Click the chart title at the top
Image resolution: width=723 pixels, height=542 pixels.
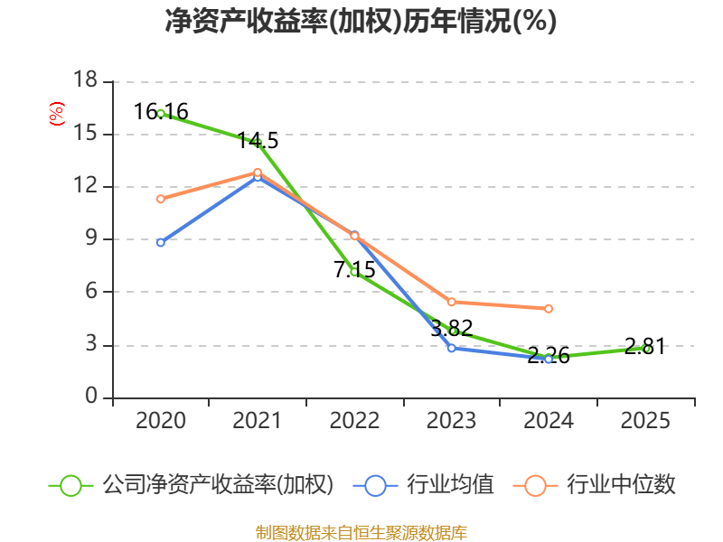(x=361, y=21)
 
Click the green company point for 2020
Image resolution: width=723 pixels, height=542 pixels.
(x=161, y=114)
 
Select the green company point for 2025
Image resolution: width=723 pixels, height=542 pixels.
(x=646, y=348)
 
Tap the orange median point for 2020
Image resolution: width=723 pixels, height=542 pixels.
(x=161, y=199)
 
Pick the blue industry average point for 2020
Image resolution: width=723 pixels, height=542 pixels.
(x=161, y=242)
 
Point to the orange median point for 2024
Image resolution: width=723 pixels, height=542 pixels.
(x=549, y=309)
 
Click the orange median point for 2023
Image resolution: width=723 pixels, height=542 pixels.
(x=452, y=302)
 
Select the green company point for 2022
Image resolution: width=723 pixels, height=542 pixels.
(x=354, y=272)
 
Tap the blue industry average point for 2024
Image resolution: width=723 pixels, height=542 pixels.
(x=549, y=359)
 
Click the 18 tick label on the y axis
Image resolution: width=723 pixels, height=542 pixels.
(x=85, y=81)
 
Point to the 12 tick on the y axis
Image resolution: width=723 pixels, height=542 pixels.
(x=85, y=187)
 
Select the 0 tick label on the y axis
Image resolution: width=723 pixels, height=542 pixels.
(x=91, y=397)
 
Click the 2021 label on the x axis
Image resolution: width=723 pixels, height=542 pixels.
(x=258, y=421)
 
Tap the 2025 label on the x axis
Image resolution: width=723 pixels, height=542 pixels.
(x=646, y=421)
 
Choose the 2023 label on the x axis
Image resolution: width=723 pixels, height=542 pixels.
(x=452, y=421)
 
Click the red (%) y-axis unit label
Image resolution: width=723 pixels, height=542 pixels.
(x=56, y=115)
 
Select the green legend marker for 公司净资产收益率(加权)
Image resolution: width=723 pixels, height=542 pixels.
(x=70, y=485)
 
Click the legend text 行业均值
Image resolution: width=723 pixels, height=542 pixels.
(x=450, y=485)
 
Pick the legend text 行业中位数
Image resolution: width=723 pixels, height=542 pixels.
(x=621, y=485)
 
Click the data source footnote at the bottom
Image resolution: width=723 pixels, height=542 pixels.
(x=361, y=533)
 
